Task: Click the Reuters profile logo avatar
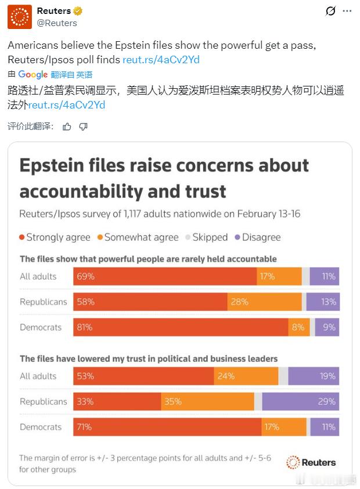pos(20,17)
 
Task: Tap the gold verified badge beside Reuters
pos(77,11)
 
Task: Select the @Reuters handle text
pos(57,23)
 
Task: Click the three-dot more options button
pos(347,11)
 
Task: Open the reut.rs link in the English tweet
pos(161,59)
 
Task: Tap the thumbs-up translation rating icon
pos(67,126)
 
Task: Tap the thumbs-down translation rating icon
pos(83,126)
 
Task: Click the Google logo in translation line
pos(33,74)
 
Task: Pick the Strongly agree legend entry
pos(55,237)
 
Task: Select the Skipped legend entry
pos(206,237)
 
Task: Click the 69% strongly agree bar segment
pos(165,276)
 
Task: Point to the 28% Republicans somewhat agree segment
pos(264,302)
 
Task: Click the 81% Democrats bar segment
pos(181,327)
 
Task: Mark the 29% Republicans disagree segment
pos(300,401)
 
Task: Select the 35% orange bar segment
pos(207,401)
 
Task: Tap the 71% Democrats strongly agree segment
pos(167,427)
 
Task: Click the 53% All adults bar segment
pos(143,376)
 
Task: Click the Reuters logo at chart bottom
pos(311,462)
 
